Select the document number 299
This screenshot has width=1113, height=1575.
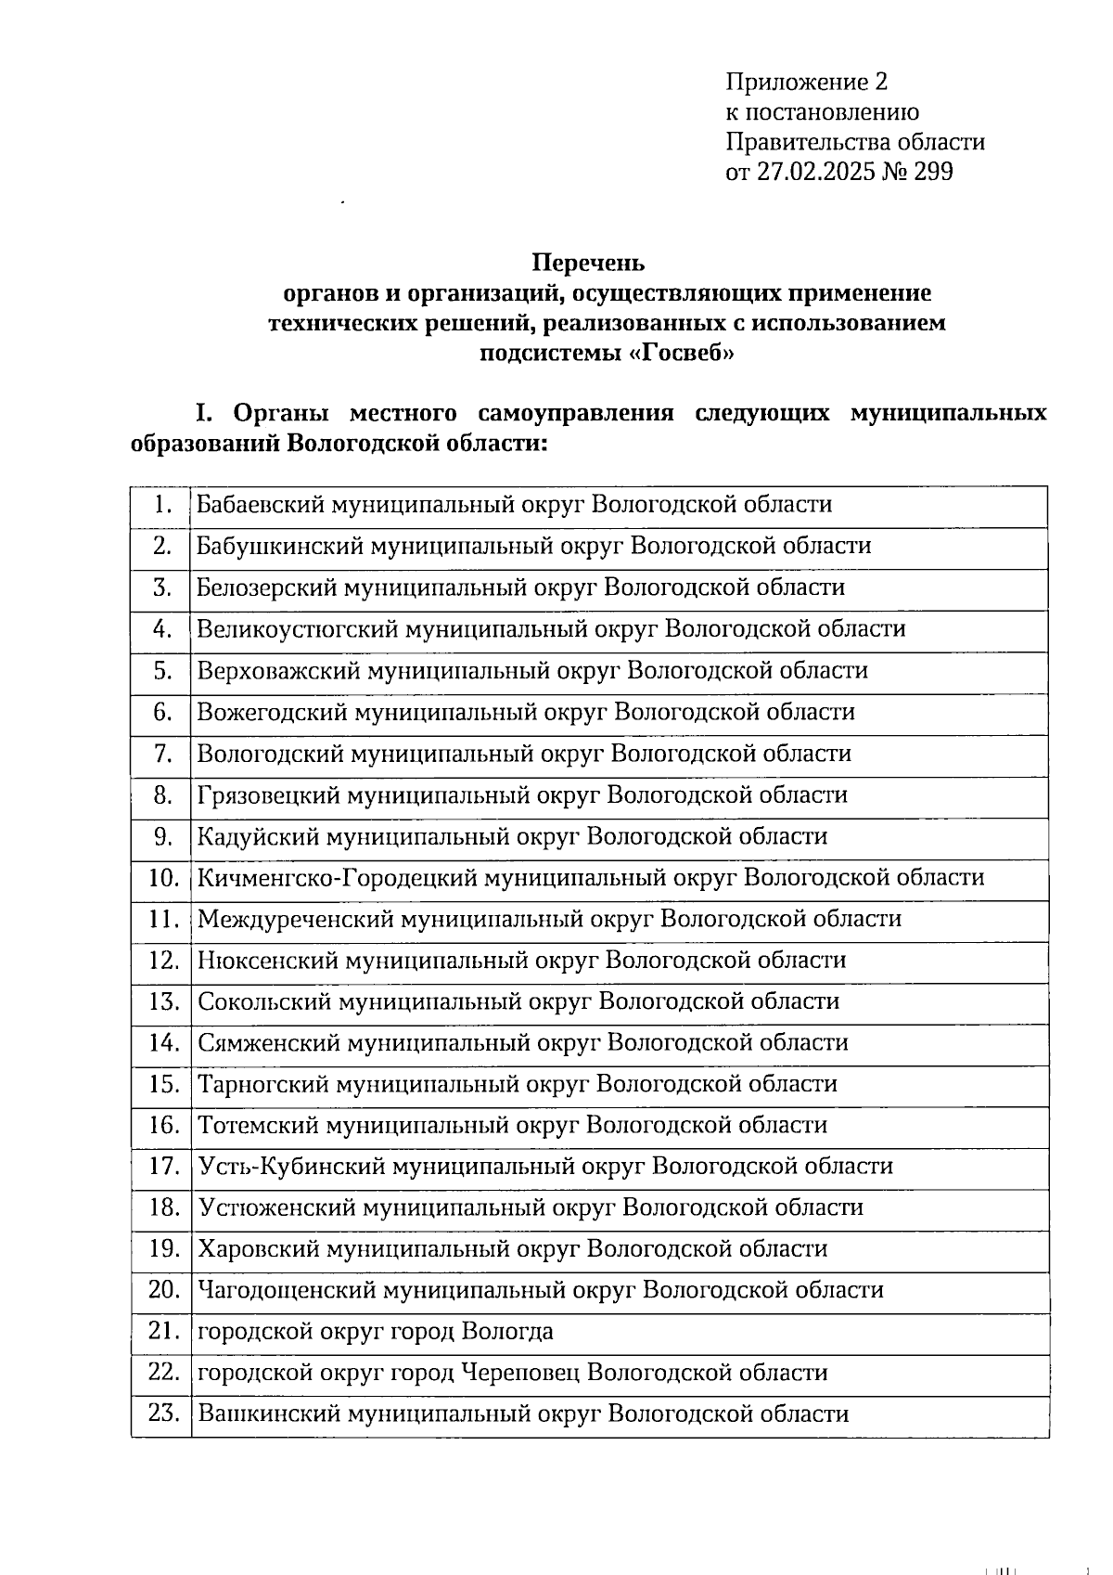click(933, 172)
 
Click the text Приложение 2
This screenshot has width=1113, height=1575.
click(806, 83)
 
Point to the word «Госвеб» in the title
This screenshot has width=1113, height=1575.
click(674, 353)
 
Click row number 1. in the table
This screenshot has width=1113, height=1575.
click(163, 504)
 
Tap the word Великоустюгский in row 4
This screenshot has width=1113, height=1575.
click(297, 628)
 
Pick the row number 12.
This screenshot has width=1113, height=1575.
click(163, 960)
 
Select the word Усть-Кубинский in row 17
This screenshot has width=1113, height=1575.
click(291, 1166)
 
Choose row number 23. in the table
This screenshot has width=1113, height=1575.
click(163, 1414)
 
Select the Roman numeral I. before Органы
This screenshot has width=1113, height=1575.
click(204, 412)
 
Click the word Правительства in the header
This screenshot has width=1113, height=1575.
click(799, 142)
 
